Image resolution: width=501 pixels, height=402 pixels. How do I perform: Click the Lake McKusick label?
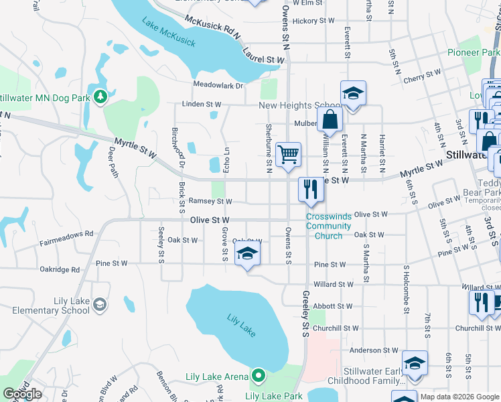click(169, 33)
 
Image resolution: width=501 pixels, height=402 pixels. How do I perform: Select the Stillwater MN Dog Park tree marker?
click(100, 98)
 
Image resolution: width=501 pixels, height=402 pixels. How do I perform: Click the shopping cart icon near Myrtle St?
click(288, 155)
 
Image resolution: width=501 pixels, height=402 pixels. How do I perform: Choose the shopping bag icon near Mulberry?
click(330, 120)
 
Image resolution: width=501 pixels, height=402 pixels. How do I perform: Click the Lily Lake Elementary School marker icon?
click(99, 306)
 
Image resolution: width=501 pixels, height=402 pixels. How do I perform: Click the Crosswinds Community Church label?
click(328, 226)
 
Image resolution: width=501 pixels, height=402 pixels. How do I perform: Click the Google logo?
click(22, 394)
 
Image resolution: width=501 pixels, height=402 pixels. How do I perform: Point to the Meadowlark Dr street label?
click(218, 85)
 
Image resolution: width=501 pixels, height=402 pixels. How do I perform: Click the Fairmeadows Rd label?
click(65, 234)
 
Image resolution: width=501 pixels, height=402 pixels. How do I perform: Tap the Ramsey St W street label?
click(210, 201)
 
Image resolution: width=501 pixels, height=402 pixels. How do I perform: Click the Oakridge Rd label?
click(60, 270)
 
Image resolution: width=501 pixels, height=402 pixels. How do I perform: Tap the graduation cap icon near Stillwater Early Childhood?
click(415, 364)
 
